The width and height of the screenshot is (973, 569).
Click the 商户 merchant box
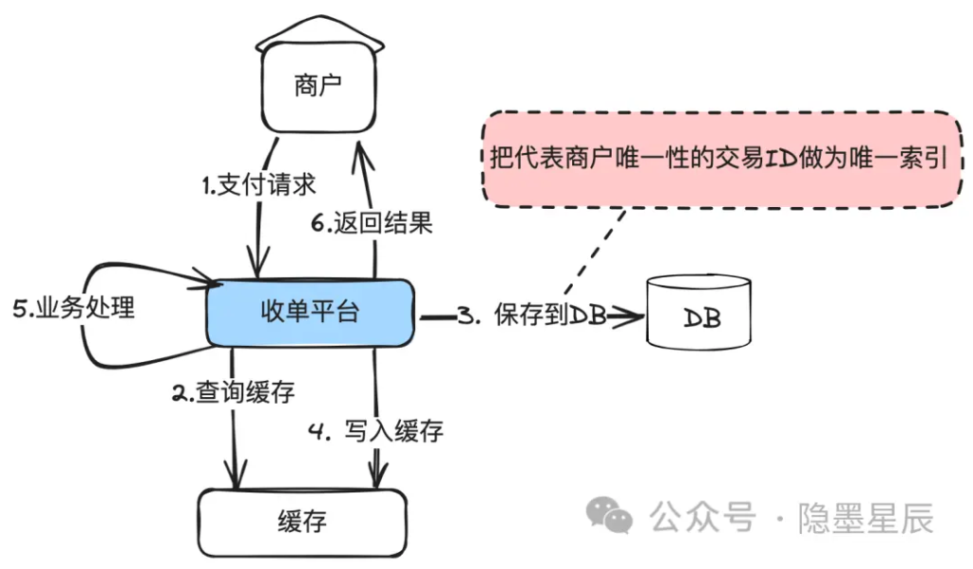coord(318,86)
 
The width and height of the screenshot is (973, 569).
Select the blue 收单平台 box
coord(311,313)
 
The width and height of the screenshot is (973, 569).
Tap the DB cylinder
coord(698,312)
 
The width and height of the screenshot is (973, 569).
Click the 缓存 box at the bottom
coord(302,522)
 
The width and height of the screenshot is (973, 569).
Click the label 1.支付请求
coord(258,185)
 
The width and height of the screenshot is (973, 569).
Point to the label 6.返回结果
coord(372,223)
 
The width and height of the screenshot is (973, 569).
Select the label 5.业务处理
coord(74,308)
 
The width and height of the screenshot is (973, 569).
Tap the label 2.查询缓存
coord(234,392)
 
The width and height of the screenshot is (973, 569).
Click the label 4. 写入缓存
coord(376,430)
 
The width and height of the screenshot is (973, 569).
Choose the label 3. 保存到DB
coord(532,314)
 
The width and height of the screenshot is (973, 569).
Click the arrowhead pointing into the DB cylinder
coord(628,317)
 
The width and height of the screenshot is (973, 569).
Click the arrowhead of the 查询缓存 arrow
coord(236,475)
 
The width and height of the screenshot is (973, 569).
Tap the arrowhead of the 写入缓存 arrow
coord(377,475)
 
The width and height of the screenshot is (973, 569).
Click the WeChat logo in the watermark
coord(609,515)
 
